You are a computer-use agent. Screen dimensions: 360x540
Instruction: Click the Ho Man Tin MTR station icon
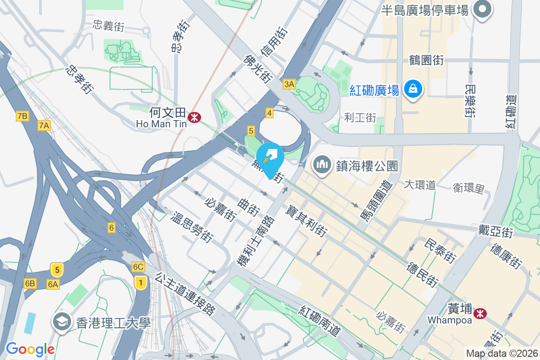pos(195,118)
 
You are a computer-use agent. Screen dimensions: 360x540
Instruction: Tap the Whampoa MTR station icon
pos(481,312)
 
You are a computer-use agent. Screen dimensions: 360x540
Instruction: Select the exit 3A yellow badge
pos(289,84)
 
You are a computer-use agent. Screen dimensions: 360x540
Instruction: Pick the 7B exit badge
pos(22,117)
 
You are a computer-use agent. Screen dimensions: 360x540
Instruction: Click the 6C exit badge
pos(138,267)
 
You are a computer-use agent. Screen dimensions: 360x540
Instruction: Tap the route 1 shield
pos(141,283)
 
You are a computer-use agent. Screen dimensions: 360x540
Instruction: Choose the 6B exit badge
pos(30,283)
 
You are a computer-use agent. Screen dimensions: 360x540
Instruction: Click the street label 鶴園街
pos(427,60)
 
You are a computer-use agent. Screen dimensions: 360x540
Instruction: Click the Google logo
pos(30,349)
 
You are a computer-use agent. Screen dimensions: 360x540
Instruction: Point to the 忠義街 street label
pos(108,26)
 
